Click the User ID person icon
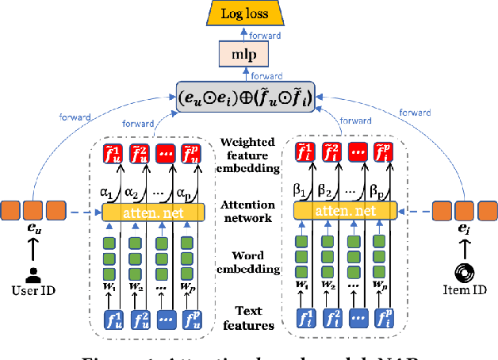tap(33, 274)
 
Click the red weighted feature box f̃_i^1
tap(304, 154)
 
